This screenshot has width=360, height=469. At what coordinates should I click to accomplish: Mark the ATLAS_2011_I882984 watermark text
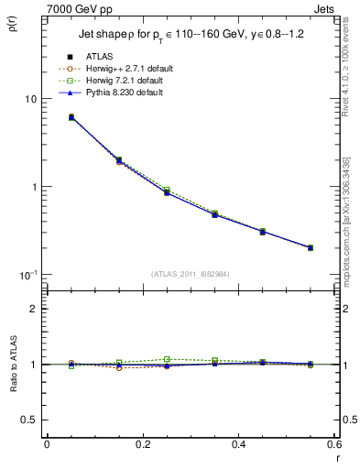[190, 273]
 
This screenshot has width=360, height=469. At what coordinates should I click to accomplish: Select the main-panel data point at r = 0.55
[311, 247]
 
